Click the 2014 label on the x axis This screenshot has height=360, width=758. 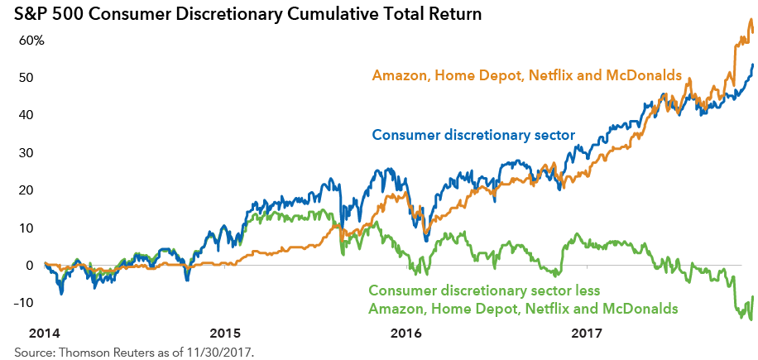[x=45, y=333]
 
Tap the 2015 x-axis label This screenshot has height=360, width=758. [x=225, y=333]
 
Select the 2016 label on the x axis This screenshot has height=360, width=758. [x=406, y=333]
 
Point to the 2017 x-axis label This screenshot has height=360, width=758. [x=587, y=333]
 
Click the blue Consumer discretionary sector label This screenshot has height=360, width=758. [x=473, y=135]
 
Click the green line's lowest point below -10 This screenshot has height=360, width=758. [x=751, y=319]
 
